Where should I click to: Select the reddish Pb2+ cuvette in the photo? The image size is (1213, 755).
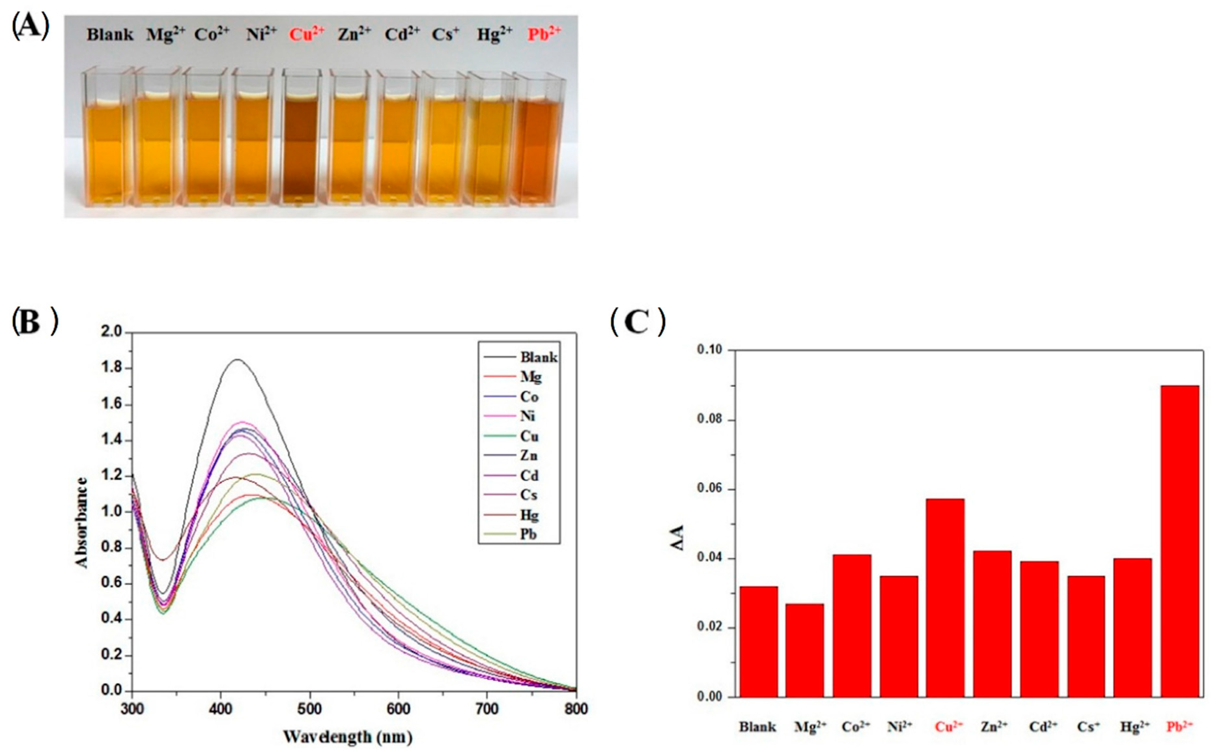pyautogui.click(x=538, y=150)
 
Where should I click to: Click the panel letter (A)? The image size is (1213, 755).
pyautogui.click(x=30, y=27)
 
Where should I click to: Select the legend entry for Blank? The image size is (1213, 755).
pyautogui.click(x=538, y=357)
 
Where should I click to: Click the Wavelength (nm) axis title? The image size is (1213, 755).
pyautogui.click(x=347, y=736)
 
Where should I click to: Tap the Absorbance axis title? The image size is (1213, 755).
pyautogui.click(x=81, y=522)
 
